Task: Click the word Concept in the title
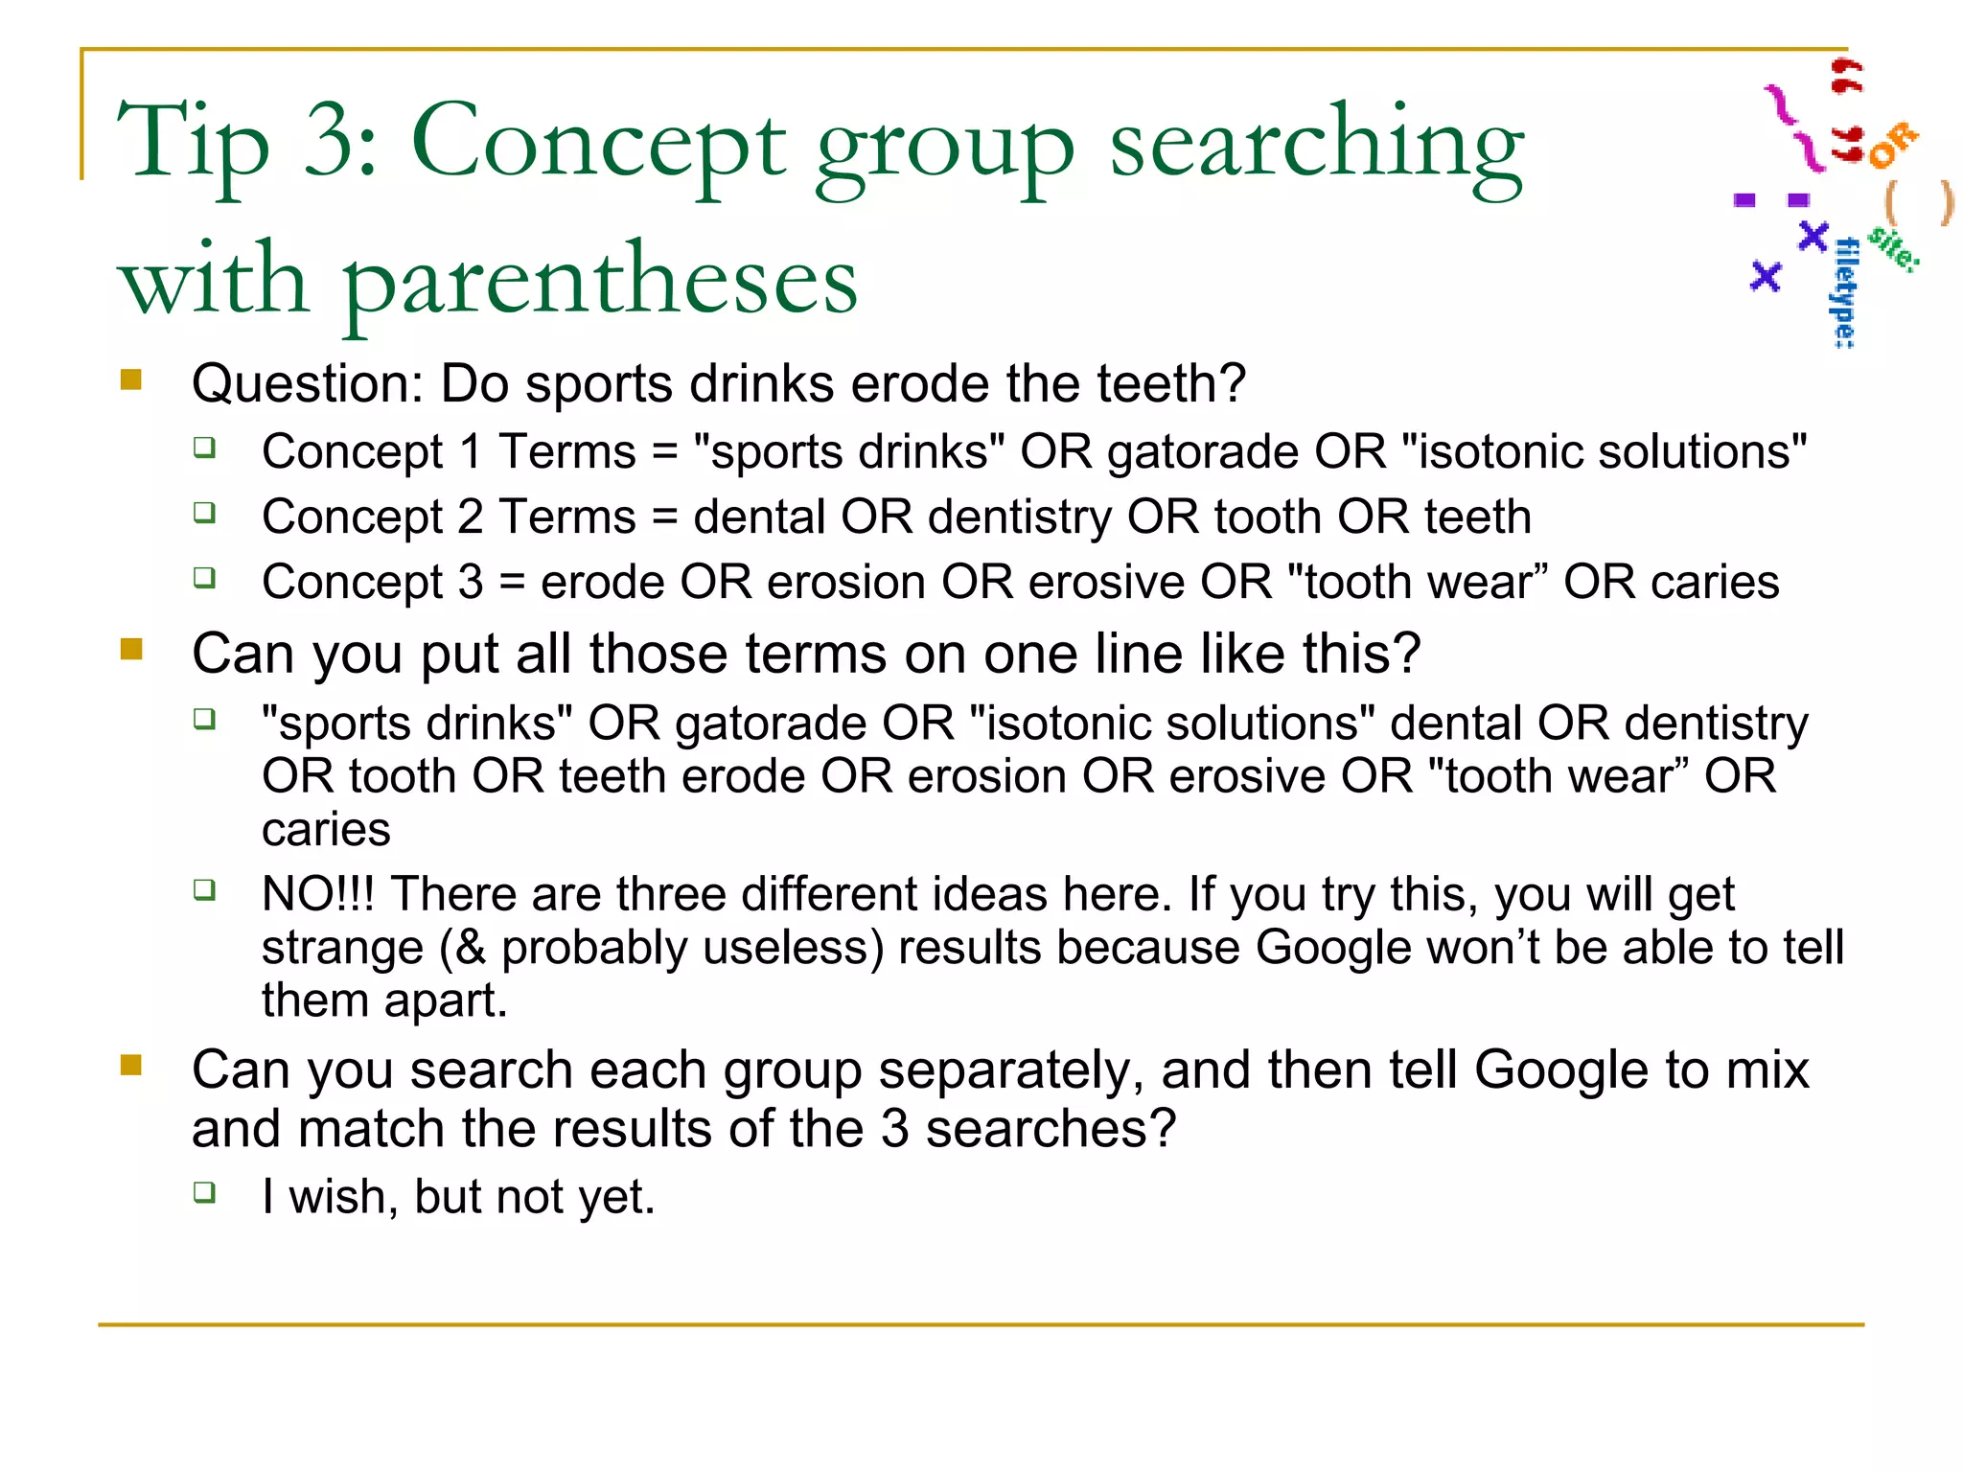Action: (x=598, y=144)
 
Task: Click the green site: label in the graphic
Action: (x=1894, y=248)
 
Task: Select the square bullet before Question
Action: (x=131, y=380)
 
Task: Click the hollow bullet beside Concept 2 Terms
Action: (x=204, y=513)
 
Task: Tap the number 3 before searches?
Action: (x=894, y=1129)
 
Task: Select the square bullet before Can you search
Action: (x=131, y=1066)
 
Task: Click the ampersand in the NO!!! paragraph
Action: (x=471, y=948)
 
